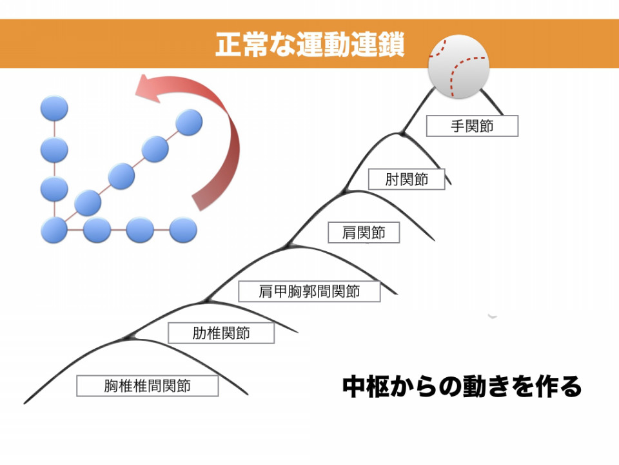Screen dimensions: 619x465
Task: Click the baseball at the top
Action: [x=458, y=67]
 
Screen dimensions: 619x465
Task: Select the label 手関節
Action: [x=472, y=126]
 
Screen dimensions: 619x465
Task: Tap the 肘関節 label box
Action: [x=407, y=179]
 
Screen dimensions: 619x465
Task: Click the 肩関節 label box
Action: [x=364, y=232]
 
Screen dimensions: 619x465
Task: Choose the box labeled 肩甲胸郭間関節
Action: [x=309, y=291]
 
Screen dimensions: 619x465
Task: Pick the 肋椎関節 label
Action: [x=221, y=333]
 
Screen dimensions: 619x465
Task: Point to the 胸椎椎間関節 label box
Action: [x=147, y=386]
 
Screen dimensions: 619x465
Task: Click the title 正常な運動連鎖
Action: [x=310, y=45]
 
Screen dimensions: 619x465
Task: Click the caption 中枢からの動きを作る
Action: [x=462, y=386]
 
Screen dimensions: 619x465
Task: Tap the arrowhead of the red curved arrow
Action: [x=148, y=89]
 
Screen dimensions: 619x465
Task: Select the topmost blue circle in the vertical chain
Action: [x=54, y=108]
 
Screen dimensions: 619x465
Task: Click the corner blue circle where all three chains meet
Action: [x=54, y=230]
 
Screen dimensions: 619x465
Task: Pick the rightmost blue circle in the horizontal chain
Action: [x=183, y=230]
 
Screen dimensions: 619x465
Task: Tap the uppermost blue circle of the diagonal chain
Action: [x=189, y=122]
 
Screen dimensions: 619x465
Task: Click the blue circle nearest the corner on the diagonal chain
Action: [x=88, y=203]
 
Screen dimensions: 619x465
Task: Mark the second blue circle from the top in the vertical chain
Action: [x=54, y=149]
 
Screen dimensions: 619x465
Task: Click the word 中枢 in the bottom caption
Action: [x=366, y=386]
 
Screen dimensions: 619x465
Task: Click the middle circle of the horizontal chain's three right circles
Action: [x=140, y=230]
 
